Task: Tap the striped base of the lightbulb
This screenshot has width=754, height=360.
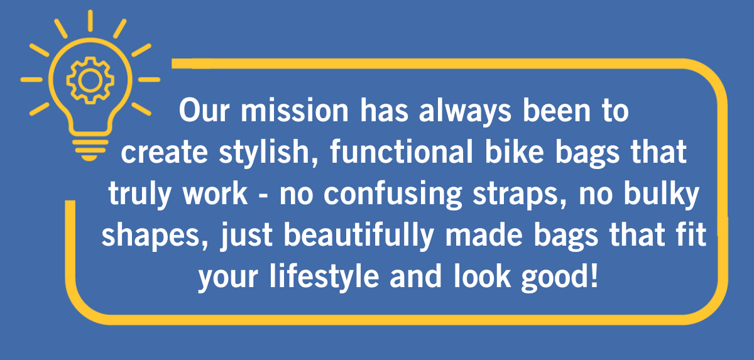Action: pyautogui.click(x=90, y=150)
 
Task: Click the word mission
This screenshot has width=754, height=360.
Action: pyautogui.click(x=295, y=111)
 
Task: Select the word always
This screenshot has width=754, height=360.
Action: pyautogui.click(x=465, y=112)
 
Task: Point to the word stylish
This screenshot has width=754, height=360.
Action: pyautogui.click(x=269, y=154)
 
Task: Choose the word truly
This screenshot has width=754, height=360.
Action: pyautogui.click(x=139, y=195)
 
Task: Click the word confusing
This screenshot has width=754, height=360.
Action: pyautogui.click(x=393, y=195)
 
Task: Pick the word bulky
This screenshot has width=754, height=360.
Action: pyautogui.click(x=662, y=195)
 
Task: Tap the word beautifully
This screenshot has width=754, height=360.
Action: pyautogui.click(x=359, y=236)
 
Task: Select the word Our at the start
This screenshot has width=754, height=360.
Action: pyautogui.click(x=204, y=110)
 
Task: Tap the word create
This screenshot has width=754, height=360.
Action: pyautogui.click(x=164, y=153)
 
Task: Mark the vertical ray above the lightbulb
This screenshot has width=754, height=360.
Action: pyautogui.click(x=90, y=21)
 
